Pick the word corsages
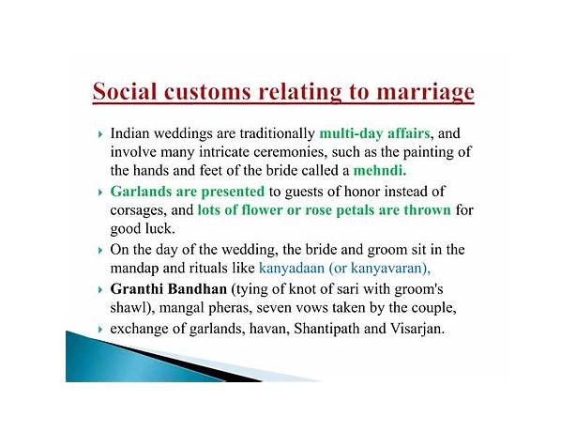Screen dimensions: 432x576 click(139, 210)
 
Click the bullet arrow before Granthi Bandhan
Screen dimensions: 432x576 click(100, 290)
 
